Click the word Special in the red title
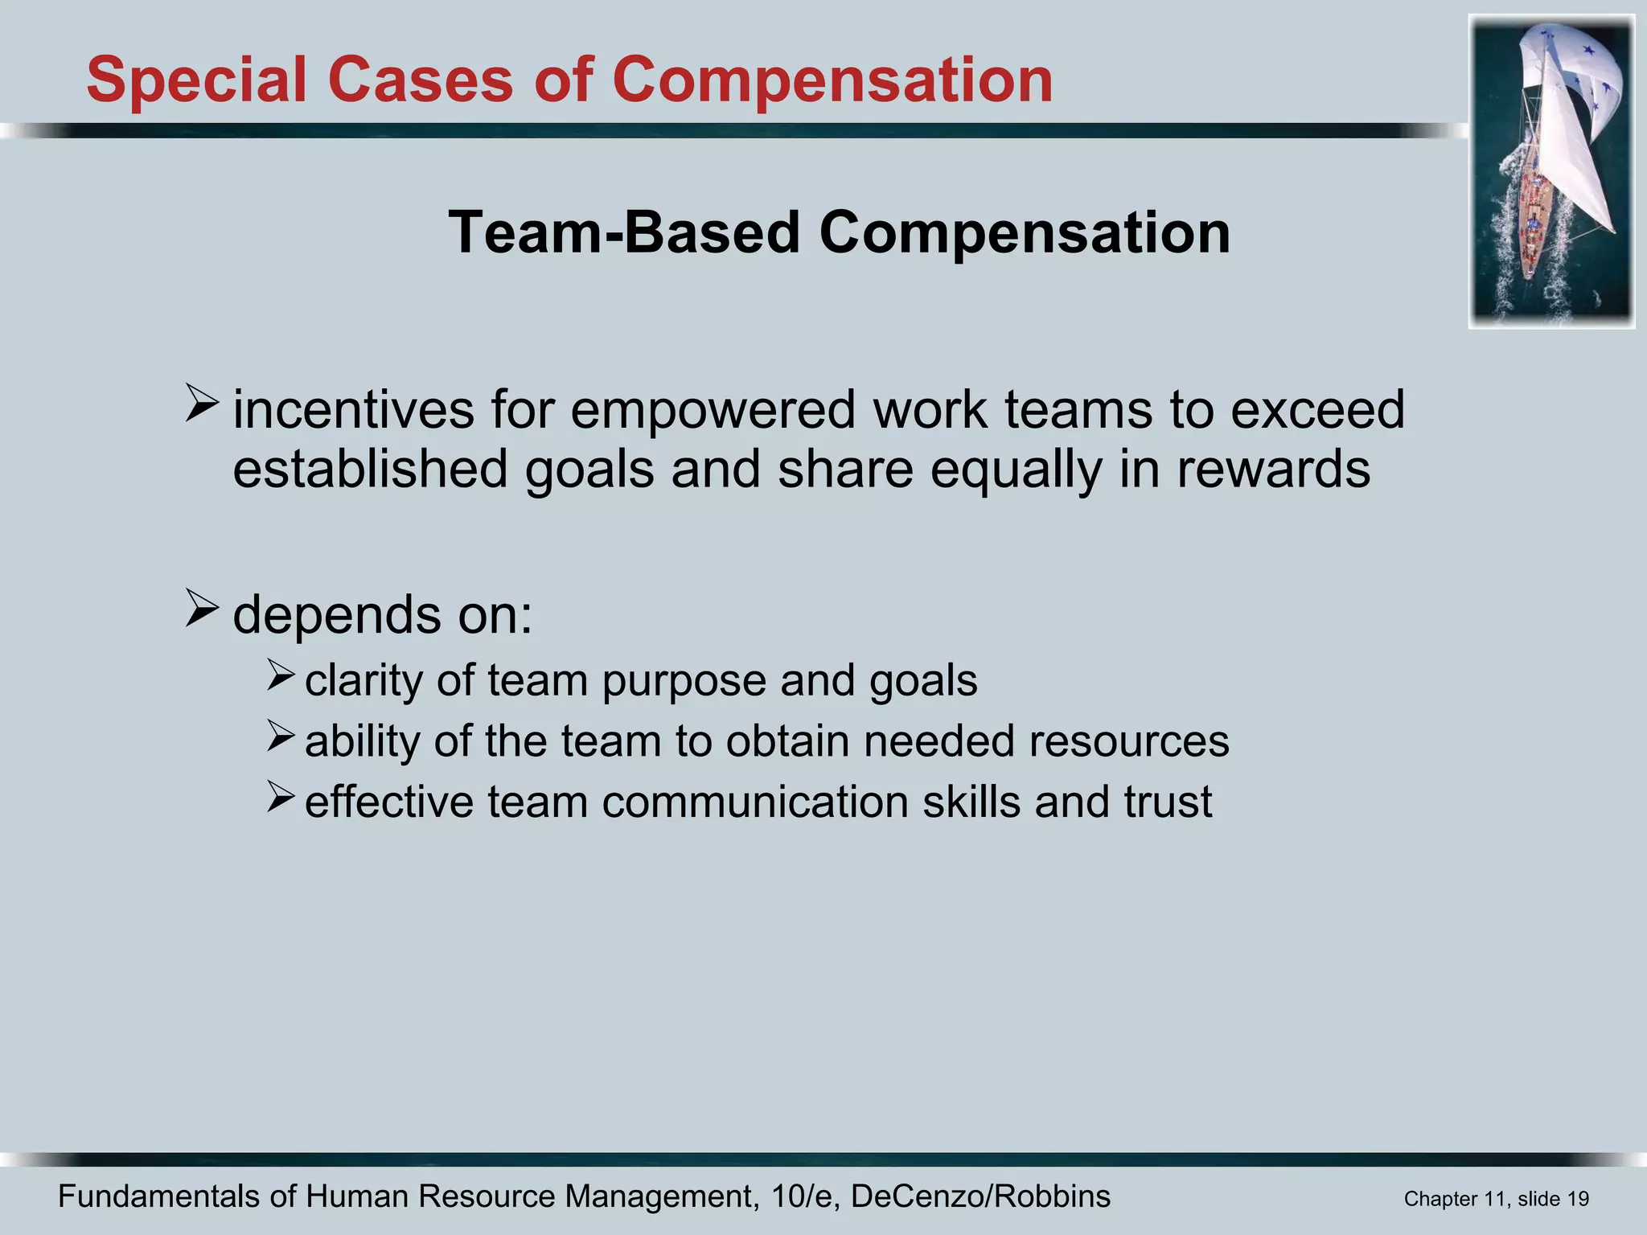(x=196, y=80)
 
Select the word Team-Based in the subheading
(x=623, y=232)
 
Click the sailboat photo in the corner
(x=1551, y=171)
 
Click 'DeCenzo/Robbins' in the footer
(x=980, y=1196)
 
